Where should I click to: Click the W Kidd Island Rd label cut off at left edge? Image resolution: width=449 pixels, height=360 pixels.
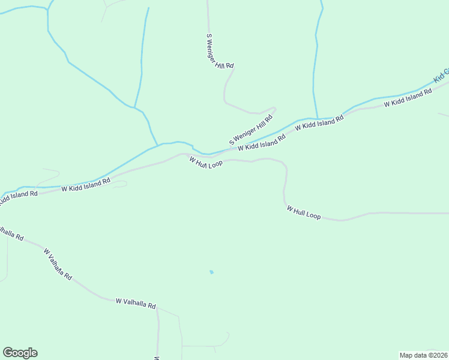tap(18, 197)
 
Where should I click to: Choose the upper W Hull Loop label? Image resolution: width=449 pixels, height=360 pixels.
tap(206, 162)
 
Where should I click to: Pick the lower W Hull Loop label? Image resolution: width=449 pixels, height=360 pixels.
tap(304, 212)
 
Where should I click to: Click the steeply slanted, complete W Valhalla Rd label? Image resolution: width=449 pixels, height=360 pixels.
tap(58, 265)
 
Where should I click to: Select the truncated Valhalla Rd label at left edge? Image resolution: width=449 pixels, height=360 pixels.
tap(11, 233)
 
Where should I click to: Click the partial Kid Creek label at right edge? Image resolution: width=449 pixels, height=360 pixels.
tap(441, 75)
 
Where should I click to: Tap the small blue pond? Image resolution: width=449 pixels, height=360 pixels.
tap(211, 272)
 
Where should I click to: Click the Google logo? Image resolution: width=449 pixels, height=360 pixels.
tap(20, 353)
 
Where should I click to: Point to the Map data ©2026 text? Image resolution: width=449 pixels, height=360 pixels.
tap(423, 355)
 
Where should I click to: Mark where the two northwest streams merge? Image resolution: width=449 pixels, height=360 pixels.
tap(134, 108)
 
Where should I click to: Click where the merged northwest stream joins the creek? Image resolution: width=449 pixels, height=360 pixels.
tap(158, 145)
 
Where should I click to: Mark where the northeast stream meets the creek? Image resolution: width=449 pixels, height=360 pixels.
tap(315, 118)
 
